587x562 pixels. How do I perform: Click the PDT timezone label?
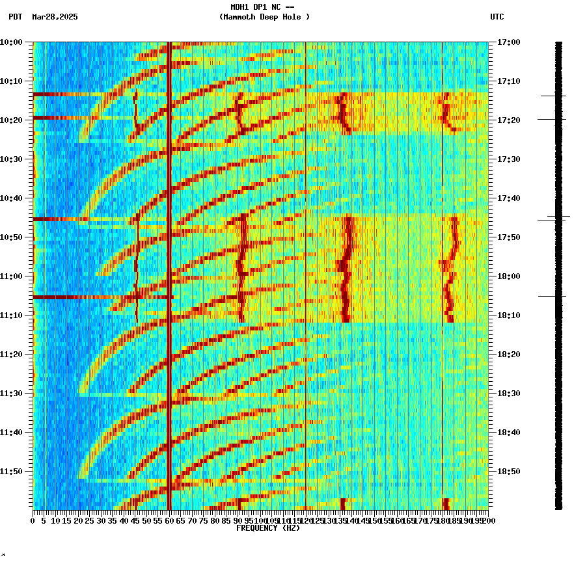pos(15,17)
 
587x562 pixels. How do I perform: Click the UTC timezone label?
pos(497,17)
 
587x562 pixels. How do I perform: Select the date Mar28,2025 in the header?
pos(55,17)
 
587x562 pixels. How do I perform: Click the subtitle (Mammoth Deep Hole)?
pos(264,17)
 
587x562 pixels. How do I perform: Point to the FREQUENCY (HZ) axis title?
pos(267,528)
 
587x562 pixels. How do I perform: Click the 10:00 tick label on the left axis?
pos(11,42)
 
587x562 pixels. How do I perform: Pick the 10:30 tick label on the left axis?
pos(11,159)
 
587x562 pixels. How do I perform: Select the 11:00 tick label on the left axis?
pos(11,276)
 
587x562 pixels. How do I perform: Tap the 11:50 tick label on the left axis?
pos(11,472)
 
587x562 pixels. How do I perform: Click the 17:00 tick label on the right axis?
pos(508,42)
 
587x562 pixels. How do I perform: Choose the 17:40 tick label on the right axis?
pos(508,198)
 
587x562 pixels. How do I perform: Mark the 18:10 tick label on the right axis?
pos(508,315)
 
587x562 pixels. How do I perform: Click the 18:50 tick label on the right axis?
pos(508,472)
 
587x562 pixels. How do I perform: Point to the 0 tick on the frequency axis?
pos(33,521)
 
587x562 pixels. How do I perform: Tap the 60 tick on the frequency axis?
pos(169,521)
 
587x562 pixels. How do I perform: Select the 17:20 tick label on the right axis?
pos(508,120)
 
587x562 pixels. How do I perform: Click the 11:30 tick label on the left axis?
pos(11,394)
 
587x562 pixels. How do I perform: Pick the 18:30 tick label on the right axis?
pos(508,394)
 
